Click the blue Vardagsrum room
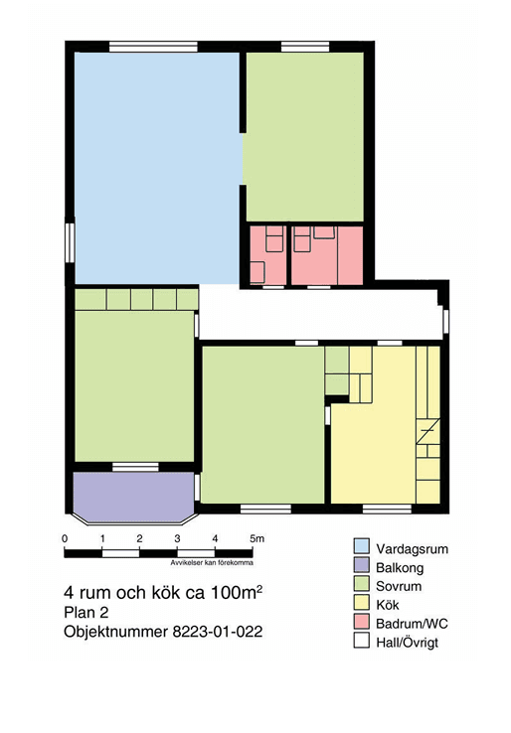click(157, 168)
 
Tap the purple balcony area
click(133, 497)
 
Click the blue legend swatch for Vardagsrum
click(361, 547)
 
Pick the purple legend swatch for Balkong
click(361, 566)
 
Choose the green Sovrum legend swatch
click(361, 584)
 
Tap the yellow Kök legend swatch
click(361, 603)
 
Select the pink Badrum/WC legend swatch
click(361, 622)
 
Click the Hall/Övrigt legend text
click(408, 642)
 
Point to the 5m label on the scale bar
click(256, 538)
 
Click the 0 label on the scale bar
click(65, 538)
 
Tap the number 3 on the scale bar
click(177, 538)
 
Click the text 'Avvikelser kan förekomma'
click(212, 563)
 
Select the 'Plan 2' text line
click(86, 613)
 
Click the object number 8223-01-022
click(218, 632)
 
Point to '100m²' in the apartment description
click(237, 592)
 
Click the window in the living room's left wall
click(70, 243)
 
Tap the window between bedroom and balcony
click(135, 467)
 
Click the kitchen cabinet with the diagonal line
click(428, 431)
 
